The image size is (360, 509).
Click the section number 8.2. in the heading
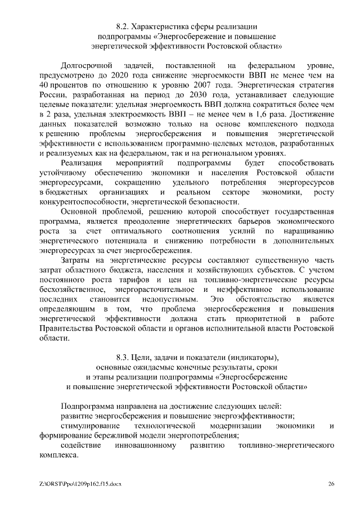(x=123, y=26)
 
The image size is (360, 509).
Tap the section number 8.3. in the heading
(x=123, y=357)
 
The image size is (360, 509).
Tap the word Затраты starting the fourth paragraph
(x=77, y=260)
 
